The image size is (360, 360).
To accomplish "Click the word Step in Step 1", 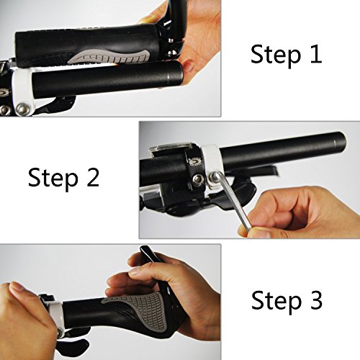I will point(276,55).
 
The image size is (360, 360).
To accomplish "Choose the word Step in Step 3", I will point(274,302).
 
